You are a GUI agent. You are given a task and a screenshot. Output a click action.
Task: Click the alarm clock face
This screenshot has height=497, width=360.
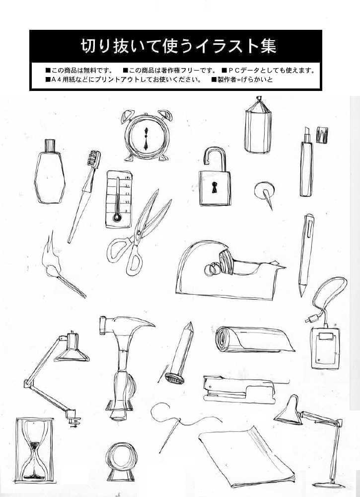coord(146,139)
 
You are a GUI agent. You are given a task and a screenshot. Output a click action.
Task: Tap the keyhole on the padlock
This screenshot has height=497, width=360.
coord(215,187)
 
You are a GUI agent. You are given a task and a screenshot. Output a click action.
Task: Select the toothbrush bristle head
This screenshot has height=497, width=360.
coord(94,159)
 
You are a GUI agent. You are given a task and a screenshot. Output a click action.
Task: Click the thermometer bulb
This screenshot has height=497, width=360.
coord(117,218)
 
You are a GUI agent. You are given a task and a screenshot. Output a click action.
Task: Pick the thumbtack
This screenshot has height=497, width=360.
coord(265,194)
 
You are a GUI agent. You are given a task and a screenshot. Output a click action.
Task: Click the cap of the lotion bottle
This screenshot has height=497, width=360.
coord(50,146)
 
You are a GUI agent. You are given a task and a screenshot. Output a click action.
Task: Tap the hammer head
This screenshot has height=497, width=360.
coord(127,326)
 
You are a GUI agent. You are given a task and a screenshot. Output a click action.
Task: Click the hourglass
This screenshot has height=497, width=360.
coord(35,450)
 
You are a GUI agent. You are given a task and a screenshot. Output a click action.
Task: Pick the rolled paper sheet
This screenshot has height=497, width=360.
coord(253,339)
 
